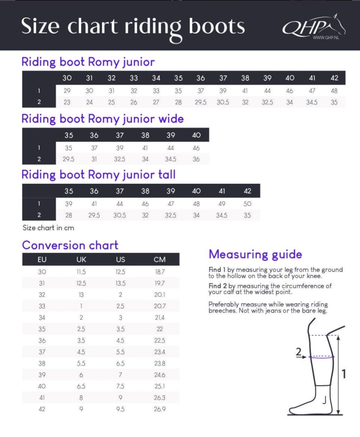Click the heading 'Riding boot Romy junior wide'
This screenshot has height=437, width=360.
pos(102,119)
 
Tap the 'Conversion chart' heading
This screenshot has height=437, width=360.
pos(70,245)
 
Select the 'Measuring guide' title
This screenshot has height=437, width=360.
pos(255,254)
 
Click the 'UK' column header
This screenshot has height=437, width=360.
pos(81,260)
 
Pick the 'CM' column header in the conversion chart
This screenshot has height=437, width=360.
pos(159,260)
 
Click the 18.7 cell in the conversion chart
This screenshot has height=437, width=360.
pos(159,272)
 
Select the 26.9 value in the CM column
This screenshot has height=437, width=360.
pos(159,409)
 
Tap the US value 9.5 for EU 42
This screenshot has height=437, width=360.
pos(120,409)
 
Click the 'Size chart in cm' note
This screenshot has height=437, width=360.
pos(48,228)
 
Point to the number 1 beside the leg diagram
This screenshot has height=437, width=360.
pos(343,374)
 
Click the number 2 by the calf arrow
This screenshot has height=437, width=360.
pos(298,352)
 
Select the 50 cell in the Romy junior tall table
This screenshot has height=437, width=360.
pos(247,204)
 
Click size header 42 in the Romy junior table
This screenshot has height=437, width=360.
pos(334,78)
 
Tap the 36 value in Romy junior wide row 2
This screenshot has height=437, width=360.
pos(196,159)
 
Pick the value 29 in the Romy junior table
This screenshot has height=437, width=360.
pos(67,91)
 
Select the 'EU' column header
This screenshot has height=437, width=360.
pos(42,260)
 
